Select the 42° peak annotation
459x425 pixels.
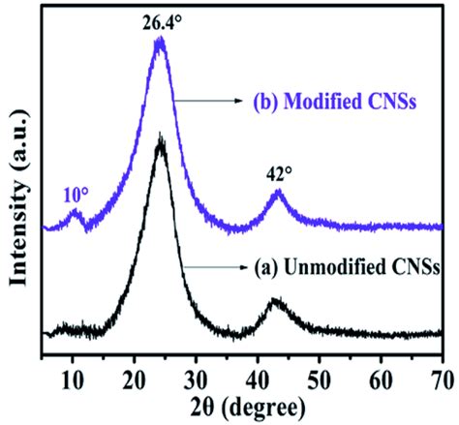(278, 174)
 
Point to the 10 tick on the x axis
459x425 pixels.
(73, 377)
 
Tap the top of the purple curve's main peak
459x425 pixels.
(160, 41)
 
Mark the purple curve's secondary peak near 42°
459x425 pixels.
(278, 194)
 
